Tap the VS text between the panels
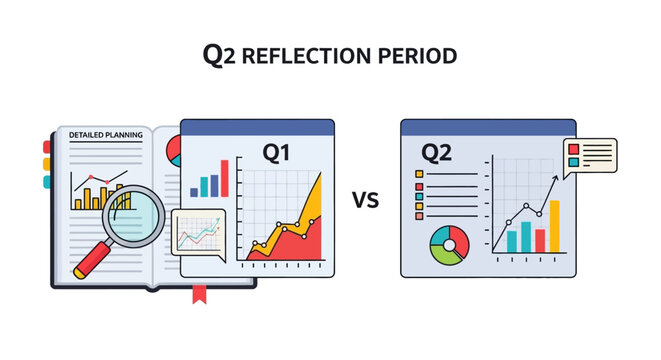[x=365, y=201]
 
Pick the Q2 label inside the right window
[x=435, y=153]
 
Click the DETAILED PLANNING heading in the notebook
[x=105, y=134]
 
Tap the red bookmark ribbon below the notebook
[x=199, y=296]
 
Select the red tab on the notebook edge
[x=46, y=147]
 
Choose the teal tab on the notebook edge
[x=46, y=182]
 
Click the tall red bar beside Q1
[x=225, y=177]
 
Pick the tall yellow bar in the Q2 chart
[x=554, y=225]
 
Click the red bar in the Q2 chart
[x=540, y=240]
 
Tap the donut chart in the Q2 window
[x=446, y=245]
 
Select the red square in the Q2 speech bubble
[x=573, y=149]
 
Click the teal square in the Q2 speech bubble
[x=573, y=162]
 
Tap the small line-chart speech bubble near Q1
[x=198, y=235]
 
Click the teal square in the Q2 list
[x=419, y=197]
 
